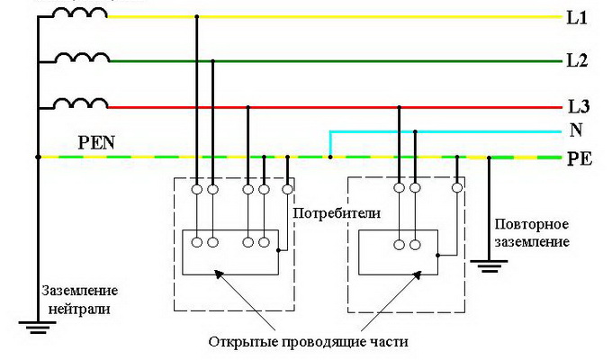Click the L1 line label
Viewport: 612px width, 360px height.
point(576,17)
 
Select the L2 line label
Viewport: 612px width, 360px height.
point(577,61)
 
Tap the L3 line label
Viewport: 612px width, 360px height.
point(577,106)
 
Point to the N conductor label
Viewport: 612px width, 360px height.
point(575,130)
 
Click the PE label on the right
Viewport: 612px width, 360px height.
point(578,158)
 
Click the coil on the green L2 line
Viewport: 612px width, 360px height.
point(81,58)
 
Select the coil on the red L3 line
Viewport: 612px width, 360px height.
point(81,103)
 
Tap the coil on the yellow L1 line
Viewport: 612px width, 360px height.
point(81,13)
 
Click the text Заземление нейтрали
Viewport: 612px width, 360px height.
point(79,298)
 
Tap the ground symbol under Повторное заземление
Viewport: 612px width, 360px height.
point(489,265)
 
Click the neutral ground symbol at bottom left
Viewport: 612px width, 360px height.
point(37,325)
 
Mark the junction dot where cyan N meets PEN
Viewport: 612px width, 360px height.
point(330,157)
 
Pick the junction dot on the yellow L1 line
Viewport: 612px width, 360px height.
point(196,17)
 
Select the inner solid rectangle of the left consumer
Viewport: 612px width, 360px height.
point(230,253)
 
